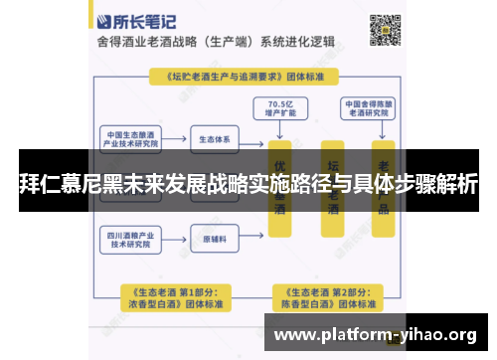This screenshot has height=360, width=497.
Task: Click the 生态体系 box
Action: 215,139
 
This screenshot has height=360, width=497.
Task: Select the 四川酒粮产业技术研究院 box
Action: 132,239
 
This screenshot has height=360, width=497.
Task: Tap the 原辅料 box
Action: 215,239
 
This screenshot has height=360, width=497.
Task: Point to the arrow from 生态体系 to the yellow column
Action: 253,139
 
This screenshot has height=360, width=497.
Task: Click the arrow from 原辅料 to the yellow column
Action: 253,239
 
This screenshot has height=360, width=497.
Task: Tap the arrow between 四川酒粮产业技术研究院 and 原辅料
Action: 177,239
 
